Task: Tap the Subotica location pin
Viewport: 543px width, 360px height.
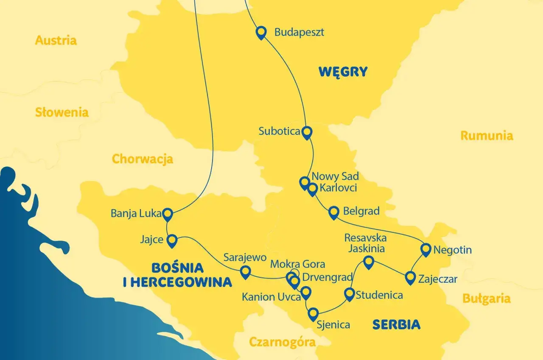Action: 307,132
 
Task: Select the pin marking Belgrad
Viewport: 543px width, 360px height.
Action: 334,212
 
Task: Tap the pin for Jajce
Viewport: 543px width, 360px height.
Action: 171,241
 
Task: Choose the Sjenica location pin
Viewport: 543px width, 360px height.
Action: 313,314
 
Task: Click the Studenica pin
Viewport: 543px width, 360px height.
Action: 349,294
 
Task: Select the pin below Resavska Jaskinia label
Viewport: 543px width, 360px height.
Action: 369,262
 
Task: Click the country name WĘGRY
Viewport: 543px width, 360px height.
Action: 343,72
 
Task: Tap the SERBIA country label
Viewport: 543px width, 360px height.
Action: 396,325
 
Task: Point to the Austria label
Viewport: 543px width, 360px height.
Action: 56,41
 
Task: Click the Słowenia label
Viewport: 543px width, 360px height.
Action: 62,112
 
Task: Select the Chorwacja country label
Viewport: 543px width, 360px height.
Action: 142,159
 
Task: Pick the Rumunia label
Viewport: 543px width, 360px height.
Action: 487,136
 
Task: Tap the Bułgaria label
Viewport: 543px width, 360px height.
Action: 486,298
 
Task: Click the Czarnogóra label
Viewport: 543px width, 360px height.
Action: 282,342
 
